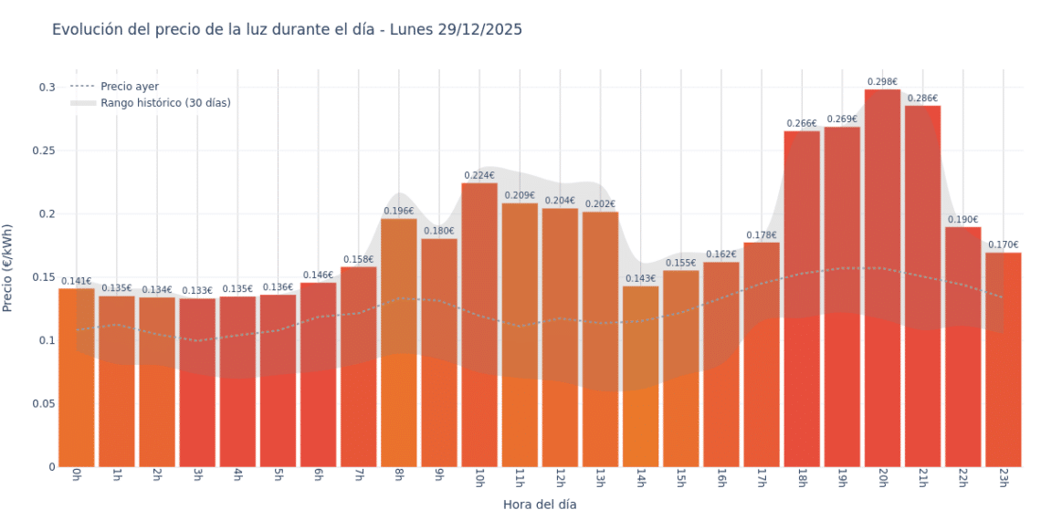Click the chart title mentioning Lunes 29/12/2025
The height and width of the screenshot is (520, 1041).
click(287, 30)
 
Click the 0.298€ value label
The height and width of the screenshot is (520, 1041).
click(882, 82)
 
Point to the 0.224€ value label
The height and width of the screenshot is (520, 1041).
click(479, 175)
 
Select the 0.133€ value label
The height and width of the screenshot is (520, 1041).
click(197, 291)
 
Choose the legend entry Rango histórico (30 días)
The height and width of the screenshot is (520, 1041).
click(165, 103)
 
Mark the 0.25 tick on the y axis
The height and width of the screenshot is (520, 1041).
click(42, 151)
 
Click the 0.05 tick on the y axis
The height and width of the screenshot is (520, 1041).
click(42, 403)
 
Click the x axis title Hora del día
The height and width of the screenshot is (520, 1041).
click(540, 504)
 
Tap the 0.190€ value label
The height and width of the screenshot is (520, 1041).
click(962, 220)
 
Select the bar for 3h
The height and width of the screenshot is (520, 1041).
click(197, 383)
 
